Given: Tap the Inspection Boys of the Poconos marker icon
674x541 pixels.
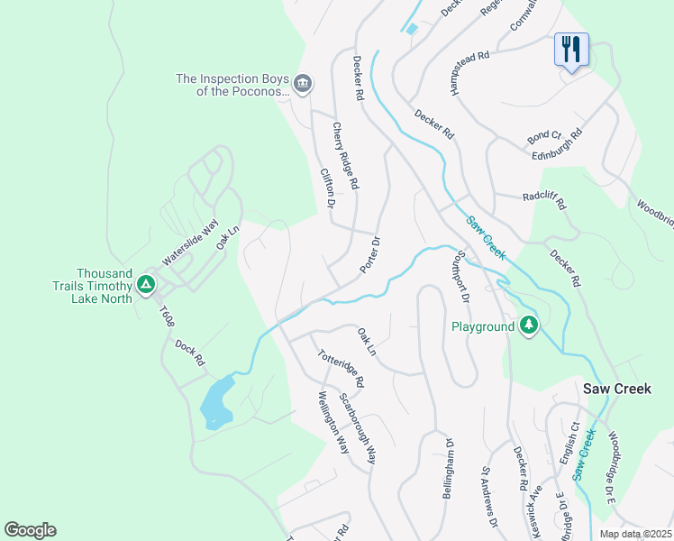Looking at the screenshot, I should [x=303, y=86].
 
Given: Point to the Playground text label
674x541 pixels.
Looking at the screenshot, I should [x=482, y=326].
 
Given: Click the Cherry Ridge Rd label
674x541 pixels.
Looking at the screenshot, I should [x=345, y=156].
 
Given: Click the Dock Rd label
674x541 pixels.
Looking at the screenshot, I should [x=191, y=352].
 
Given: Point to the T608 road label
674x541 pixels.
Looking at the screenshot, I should [x=166, y=318].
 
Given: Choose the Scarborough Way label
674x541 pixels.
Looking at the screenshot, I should [x=358, y=427].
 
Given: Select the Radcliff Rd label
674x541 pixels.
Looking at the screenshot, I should [x=543, y=200].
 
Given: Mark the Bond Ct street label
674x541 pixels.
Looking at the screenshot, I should [x=544, y=137].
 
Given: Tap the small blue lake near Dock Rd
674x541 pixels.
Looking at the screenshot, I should [x=216, y=402].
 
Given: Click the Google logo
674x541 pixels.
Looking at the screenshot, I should [x=30, y=530].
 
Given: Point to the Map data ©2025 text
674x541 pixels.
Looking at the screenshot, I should [x=635, y=534].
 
